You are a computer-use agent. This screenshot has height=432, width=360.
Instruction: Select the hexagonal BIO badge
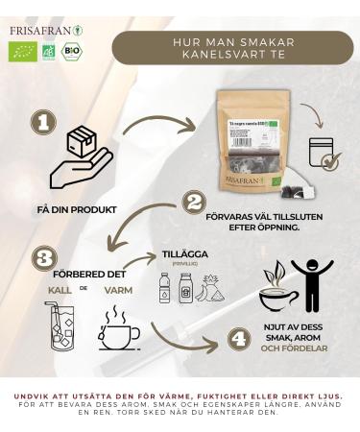(70, 51)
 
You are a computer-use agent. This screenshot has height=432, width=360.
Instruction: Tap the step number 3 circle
(42, 258)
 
